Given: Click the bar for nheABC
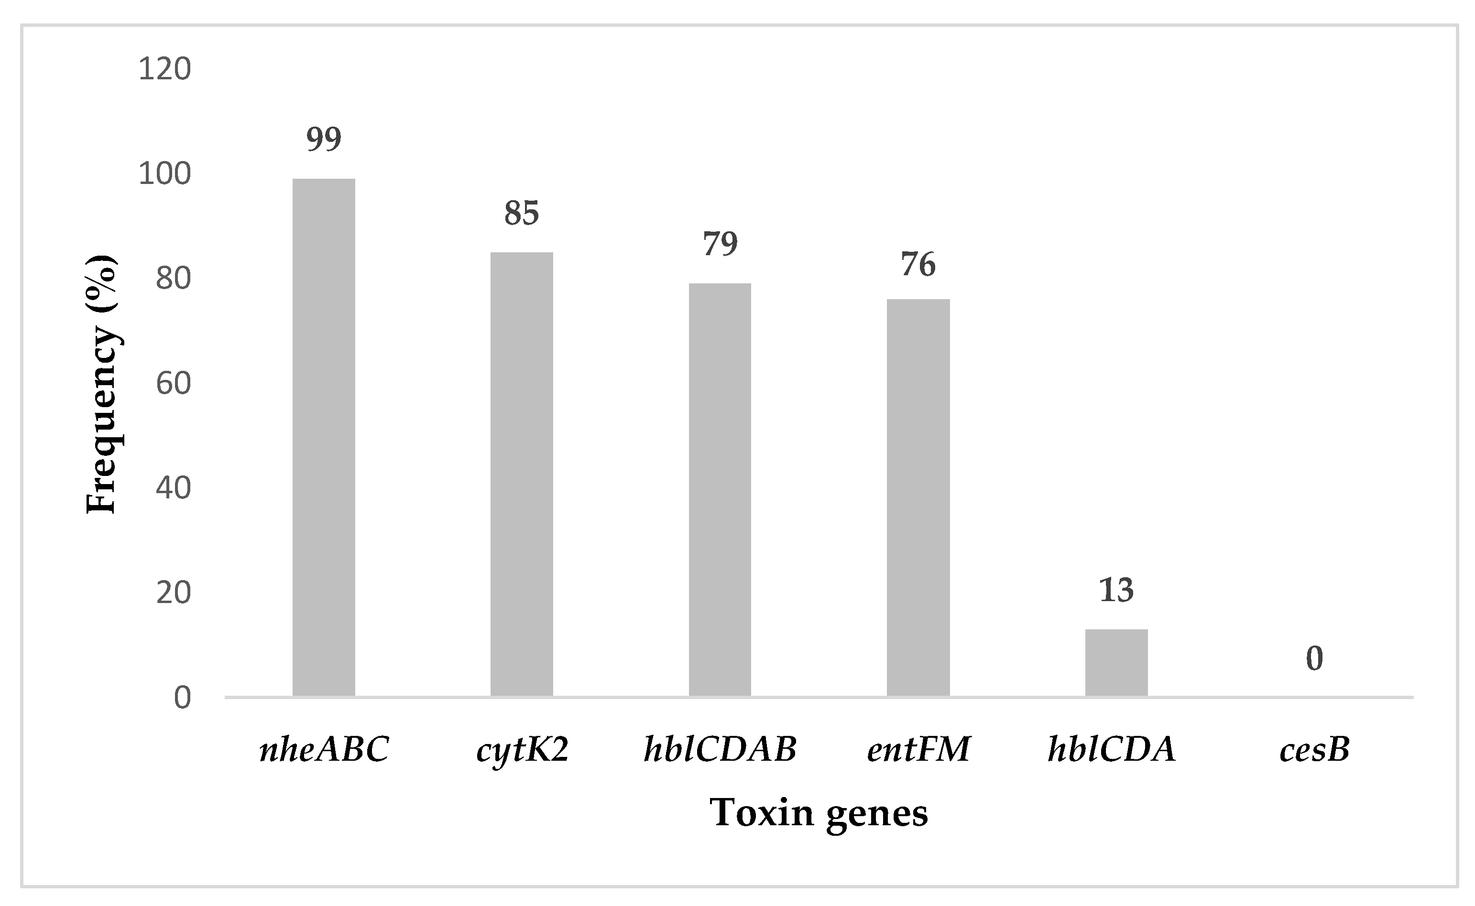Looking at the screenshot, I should [x=324, y=437].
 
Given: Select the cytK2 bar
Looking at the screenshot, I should [x=522, y=474].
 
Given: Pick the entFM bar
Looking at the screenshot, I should [x=918, y=497].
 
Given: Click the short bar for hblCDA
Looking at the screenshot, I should [x=1116, y=663].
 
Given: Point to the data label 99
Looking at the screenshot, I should [x=324, y=139].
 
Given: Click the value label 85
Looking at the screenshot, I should [x=522, y=213].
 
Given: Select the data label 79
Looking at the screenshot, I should [x=720, y=244].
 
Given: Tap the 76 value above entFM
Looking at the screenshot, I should [x=918, y=264].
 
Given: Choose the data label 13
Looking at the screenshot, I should [x=1116, y=590].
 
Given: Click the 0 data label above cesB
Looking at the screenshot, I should [x=1314, y=658].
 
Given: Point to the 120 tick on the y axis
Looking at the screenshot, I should [x=164, y=69].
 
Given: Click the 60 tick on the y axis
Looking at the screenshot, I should [x=173, y=384].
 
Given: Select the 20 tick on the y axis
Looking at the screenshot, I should [x=173, y=593].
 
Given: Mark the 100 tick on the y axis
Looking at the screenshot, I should [x=164, y=174].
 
